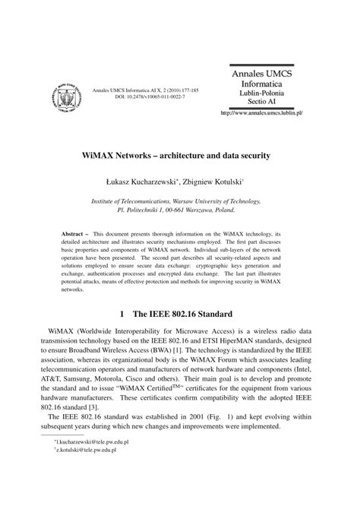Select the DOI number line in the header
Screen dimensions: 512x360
click(x=145, y=97)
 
